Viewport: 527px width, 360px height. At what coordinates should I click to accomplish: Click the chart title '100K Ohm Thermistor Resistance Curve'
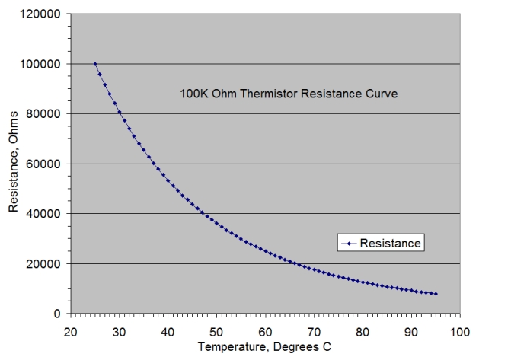(x=289, y=94)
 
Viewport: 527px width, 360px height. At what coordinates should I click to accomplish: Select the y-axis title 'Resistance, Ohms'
(x=14, y=163)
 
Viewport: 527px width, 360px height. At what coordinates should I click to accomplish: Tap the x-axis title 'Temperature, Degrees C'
(x=264, y=347)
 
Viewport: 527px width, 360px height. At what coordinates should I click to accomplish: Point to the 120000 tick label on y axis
(x=43, y=14)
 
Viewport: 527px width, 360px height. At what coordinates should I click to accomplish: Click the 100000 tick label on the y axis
(x=43, y=64)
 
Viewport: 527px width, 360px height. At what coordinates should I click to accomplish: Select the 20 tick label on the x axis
(x=70, y=331)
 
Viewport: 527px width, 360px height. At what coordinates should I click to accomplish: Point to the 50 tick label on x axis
(x=216, y=331)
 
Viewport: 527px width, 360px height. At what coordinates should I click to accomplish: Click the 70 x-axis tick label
(x=314, y=331)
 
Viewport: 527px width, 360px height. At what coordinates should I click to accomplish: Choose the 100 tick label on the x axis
(x=459, y=331)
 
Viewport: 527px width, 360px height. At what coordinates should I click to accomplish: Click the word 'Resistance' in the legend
(x=390, y=244)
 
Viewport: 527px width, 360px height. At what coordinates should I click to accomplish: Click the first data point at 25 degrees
(x=94, y=64)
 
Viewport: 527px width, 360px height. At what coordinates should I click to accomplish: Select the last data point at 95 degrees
(x=436, y=294)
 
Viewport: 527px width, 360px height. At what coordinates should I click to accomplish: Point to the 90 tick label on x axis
(x=411, y=331)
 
